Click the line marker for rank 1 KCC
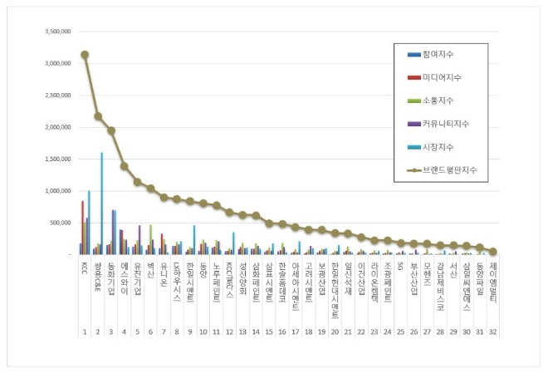coord(85,55)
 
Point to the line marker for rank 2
coord(98,116)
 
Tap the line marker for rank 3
coord(111,130)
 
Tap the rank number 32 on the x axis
coord(492,331)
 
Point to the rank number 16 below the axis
coord(281,331)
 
